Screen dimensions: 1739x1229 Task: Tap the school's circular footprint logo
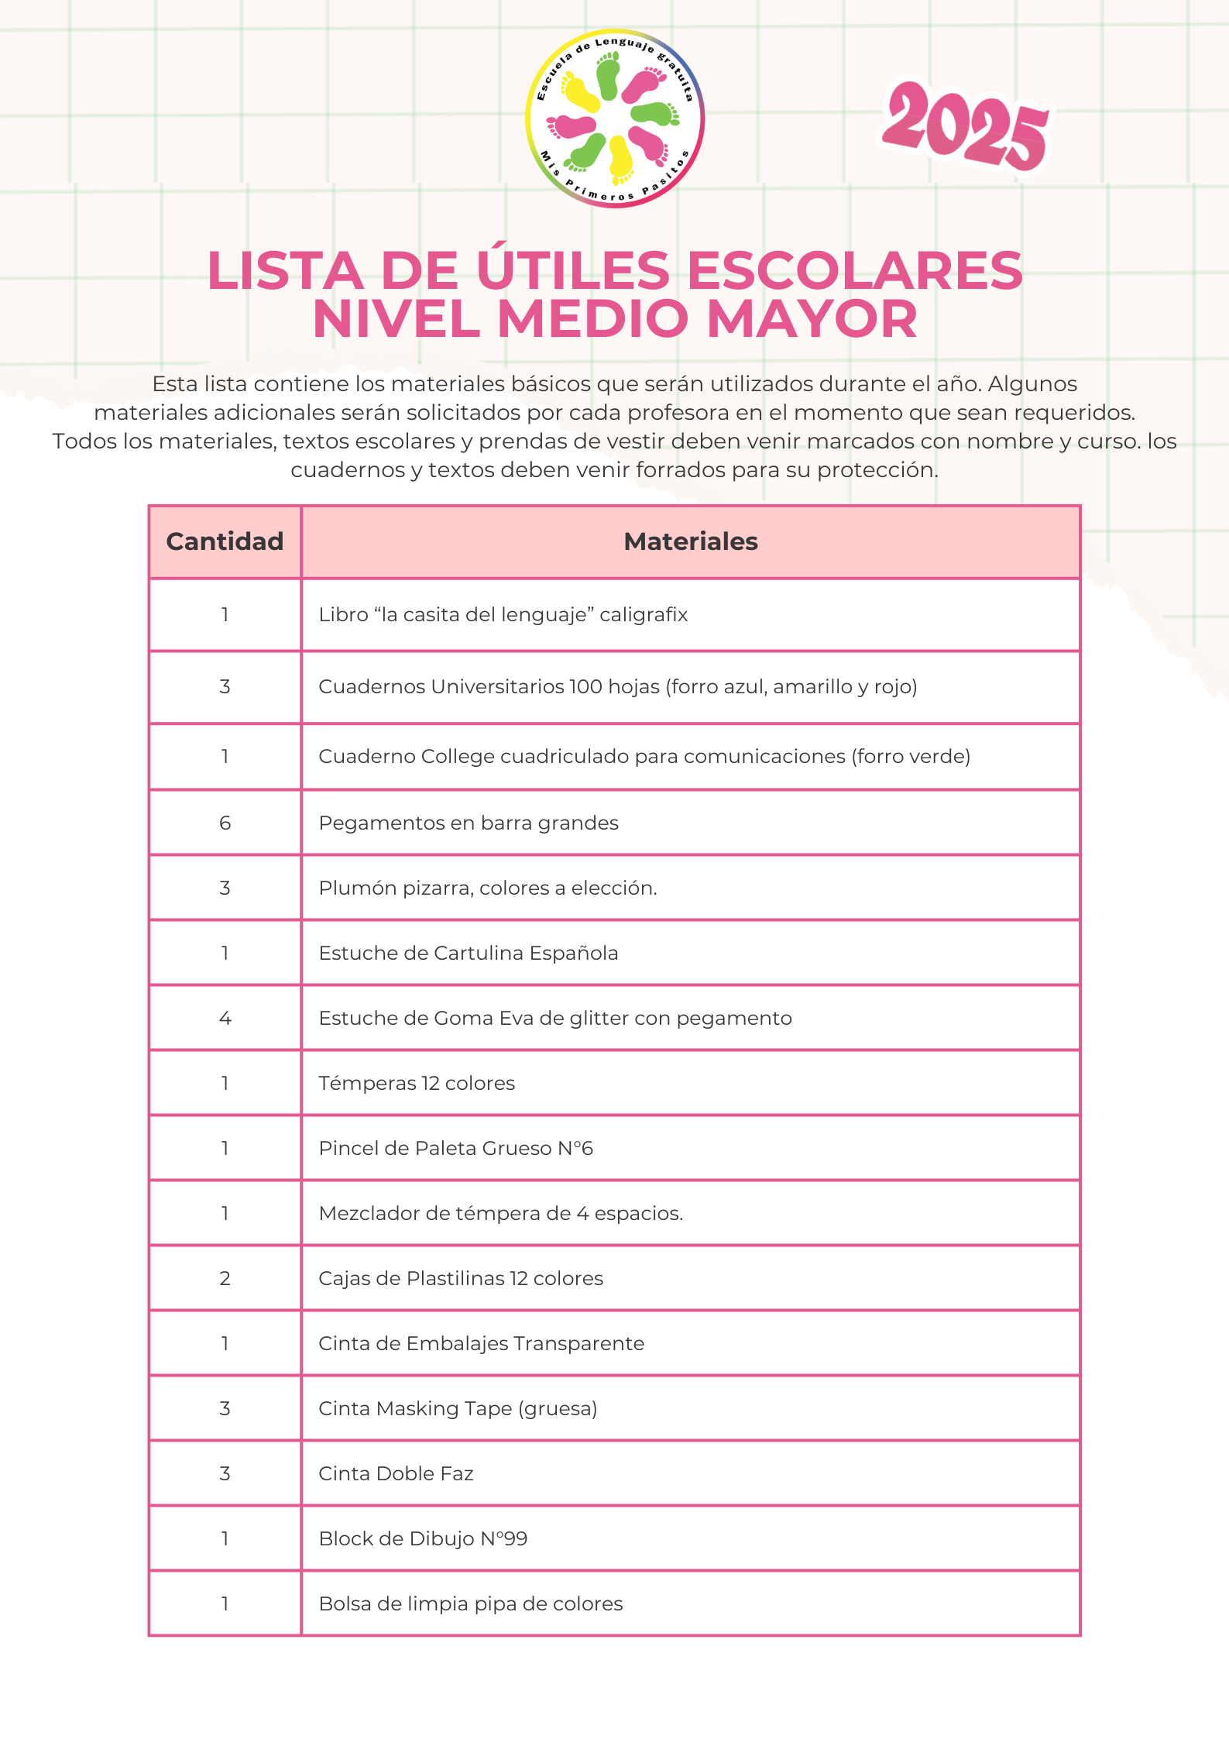click(x=614, y=119)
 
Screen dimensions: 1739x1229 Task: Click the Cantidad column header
click(x=225, y=541)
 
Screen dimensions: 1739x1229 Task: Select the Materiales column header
click(x=690, y=541)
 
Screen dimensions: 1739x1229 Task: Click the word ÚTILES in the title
click(x=573, y=271)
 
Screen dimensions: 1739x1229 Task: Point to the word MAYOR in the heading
click(x=812, y=319)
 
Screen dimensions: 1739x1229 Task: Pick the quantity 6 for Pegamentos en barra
click(x=225, y=823)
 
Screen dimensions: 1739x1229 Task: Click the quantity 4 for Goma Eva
click(x=225, y=1018)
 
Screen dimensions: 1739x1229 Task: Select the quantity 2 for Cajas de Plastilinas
click(x=225, y=1278)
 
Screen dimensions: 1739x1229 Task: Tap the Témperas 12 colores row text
click(x=417, y=1083)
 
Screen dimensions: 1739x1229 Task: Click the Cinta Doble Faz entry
click(x=396, y=1473)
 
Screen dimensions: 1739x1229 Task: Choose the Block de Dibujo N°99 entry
click(x=423, y=1538)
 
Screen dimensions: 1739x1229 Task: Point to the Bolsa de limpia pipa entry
click(x=471, y=1603)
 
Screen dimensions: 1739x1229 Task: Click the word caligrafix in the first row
click(x=644, y=614)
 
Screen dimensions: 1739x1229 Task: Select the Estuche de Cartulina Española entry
click(x=469, y=953)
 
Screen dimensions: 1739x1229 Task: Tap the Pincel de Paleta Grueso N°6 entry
click(x=455, y=1148)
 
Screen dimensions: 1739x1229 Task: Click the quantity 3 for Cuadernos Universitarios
click(x=225, y=686)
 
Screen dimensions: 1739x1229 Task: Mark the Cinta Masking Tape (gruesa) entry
click(x=458, y=1408)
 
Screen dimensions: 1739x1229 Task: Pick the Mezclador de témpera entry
click(x=500, y=1213)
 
